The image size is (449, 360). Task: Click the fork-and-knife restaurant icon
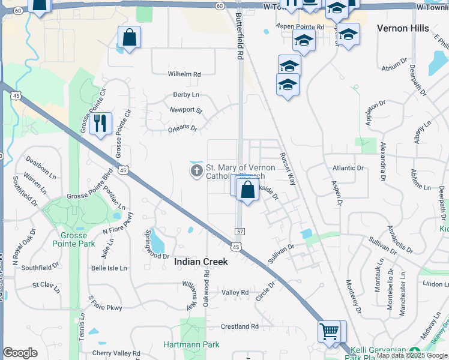[x=100, y=124]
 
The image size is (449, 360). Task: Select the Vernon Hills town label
[x=403, y=28]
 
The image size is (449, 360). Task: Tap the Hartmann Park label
[x=191, y=344]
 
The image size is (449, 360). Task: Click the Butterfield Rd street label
[x=239, y=36]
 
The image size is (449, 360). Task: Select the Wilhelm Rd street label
[x=184, y=74]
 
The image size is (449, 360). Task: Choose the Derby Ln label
[x=185, y=95]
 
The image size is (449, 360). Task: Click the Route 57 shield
[x=240, y=231]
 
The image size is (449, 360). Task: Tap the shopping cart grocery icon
[x=329, y=331]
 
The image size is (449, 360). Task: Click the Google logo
[x=20, y=353]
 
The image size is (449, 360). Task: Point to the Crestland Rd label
[x=240, y=326]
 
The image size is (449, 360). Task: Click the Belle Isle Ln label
[x=109, y=268]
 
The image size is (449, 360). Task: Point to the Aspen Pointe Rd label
[x=300, y=26]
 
